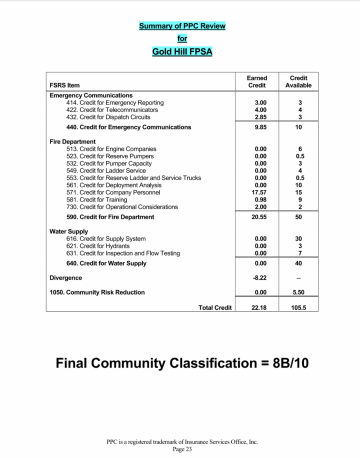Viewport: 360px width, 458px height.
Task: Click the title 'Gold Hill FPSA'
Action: click(182, 51)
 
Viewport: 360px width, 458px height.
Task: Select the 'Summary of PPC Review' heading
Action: click(182, 26)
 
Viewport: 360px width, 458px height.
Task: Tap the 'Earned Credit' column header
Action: click(257, 81)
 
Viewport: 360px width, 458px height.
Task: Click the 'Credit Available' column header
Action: click(298, 81)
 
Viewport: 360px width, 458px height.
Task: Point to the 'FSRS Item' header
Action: click(64, 85)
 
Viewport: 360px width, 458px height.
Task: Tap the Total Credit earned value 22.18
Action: click(258, 308)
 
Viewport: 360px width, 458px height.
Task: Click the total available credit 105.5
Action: click(298, 308)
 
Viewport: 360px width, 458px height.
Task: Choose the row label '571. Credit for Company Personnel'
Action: click(113, 192)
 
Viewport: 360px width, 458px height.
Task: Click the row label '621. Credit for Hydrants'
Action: click(97, 246)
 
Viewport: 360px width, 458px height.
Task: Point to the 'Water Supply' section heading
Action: click(68, 231)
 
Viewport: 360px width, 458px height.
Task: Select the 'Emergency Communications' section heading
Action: click(91, 95)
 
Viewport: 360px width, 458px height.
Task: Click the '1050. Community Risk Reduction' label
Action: click(97, 292)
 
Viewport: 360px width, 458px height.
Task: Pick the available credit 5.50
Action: click(298, 292)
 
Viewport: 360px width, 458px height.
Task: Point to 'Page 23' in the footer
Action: click(182, 449)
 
